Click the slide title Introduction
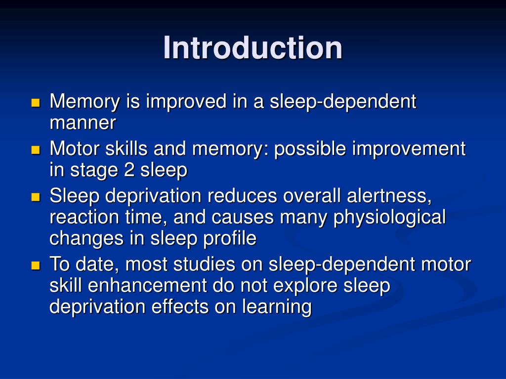253,48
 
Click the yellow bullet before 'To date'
35,265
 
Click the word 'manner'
83,123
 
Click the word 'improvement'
409,149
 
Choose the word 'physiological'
389,217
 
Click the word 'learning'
277,307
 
